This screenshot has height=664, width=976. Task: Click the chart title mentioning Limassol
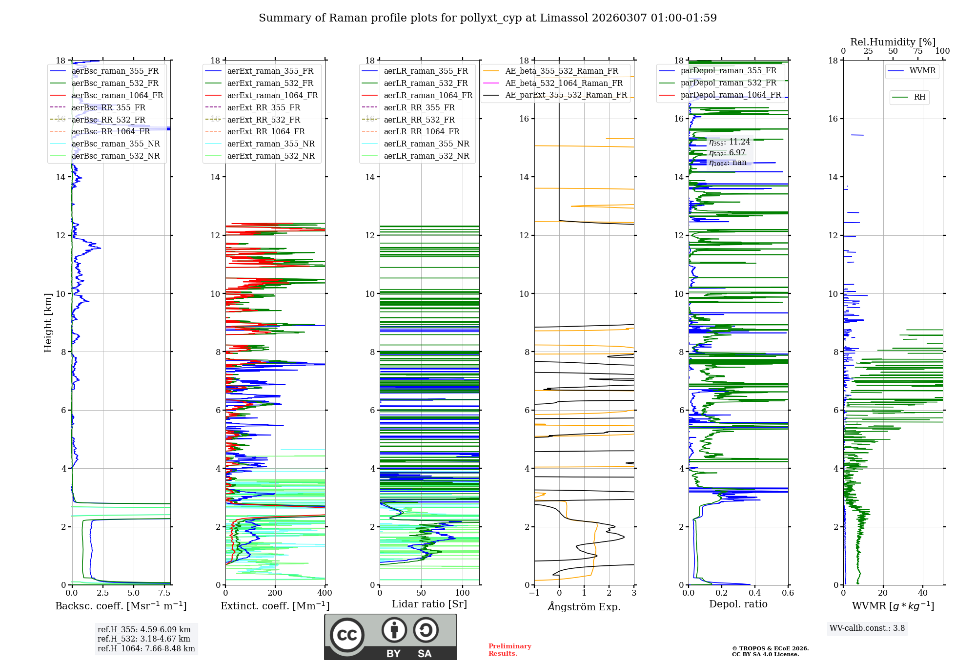(488, 18)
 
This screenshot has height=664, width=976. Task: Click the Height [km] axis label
(48, 323)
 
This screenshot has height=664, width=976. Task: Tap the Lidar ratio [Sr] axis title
(429, 604)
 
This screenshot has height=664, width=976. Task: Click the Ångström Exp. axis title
(584, 607)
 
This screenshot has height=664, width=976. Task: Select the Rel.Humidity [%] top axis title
(893, 42)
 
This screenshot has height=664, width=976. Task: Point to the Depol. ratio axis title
(738, 604)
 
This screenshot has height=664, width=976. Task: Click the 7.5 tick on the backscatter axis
(164, 593)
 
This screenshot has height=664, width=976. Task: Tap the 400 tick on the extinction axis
(325, 593)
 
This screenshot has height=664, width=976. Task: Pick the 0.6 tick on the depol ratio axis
(788, 593)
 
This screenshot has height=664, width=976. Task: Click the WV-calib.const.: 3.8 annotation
(867, 628)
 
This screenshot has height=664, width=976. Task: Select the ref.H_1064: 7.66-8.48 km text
(146, 649)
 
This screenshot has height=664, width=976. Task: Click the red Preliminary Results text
(509, 650)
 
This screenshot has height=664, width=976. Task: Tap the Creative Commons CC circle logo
(347, 635)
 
